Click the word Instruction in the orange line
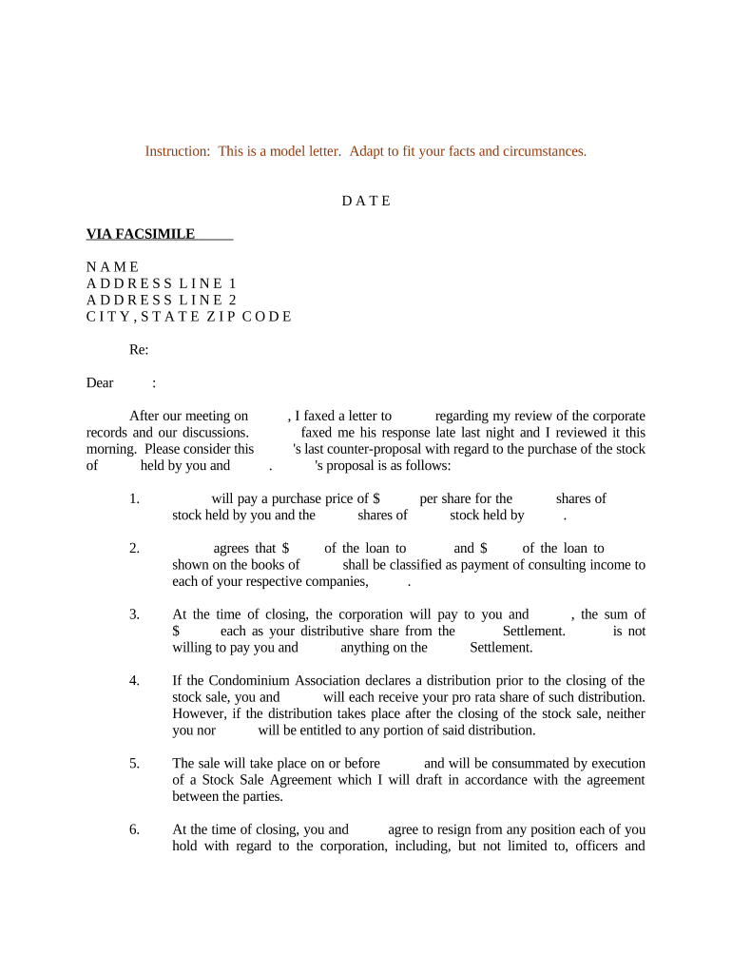point(177,151)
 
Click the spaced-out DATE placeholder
point(366,201)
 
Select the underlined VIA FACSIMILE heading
point(141,234)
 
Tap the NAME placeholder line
point(113,266)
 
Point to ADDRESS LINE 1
point(162,283)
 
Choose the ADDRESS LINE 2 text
point(162,300)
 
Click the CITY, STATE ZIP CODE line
point(189,317)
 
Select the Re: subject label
point(139,350)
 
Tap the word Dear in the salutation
point(100,383)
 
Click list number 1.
point(134,498)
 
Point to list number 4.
point(134,680)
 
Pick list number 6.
point(134,829)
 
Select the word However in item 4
point(200,713)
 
